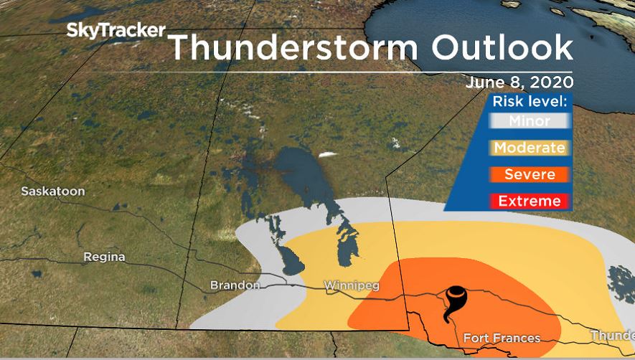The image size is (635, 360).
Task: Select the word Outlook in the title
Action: [x=502, y=47]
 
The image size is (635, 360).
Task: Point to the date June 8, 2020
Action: [x=519, y=82]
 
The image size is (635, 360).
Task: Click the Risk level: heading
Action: [x=530, y=101]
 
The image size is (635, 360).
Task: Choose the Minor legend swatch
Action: [x=530, y=121]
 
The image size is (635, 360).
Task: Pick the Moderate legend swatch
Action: [x=530, y=148]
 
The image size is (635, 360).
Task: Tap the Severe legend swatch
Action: [x=530, y=174]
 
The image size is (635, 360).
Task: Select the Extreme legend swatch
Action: [x=530, y=201]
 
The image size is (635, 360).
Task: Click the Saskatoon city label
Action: [x=53, y=191]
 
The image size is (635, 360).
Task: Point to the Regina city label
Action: [x=104, y=257]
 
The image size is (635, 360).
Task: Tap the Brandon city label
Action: [x=235, y=285]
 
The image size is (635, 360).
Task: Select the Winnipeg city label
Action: [x=350, y=285]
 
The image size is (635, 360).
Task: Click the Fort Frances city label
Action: [x=502, y=338]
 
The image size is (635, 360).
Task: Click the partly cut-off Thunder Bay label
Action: [x=612, y=336]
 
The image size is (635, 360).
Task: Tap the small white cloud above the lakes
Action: [x=329, y=153]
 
